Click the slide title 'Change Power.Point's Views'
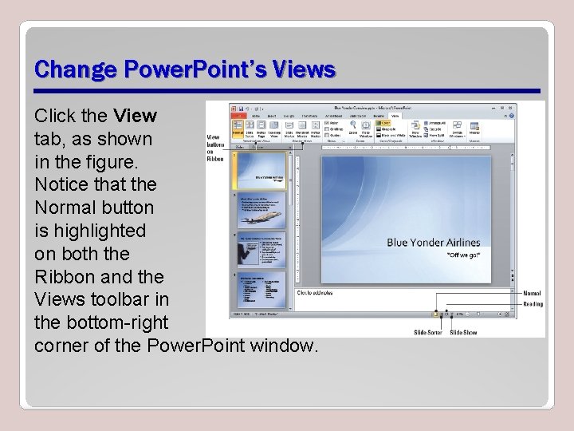[185, 69]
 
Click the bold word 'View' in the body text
[135, 116]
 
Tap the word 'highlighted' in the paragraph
[90, 231]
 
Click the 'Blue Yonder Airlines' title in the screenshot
[433, 243]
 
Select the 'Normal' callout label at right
[532, 294]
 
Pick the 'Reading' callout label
[533, 303]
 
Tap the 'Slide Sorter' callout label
[428, 332]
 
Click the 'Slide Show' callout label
[463, 332]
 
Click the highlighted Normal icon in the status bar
[436, 314]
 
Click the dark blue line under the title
[287, 90]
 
